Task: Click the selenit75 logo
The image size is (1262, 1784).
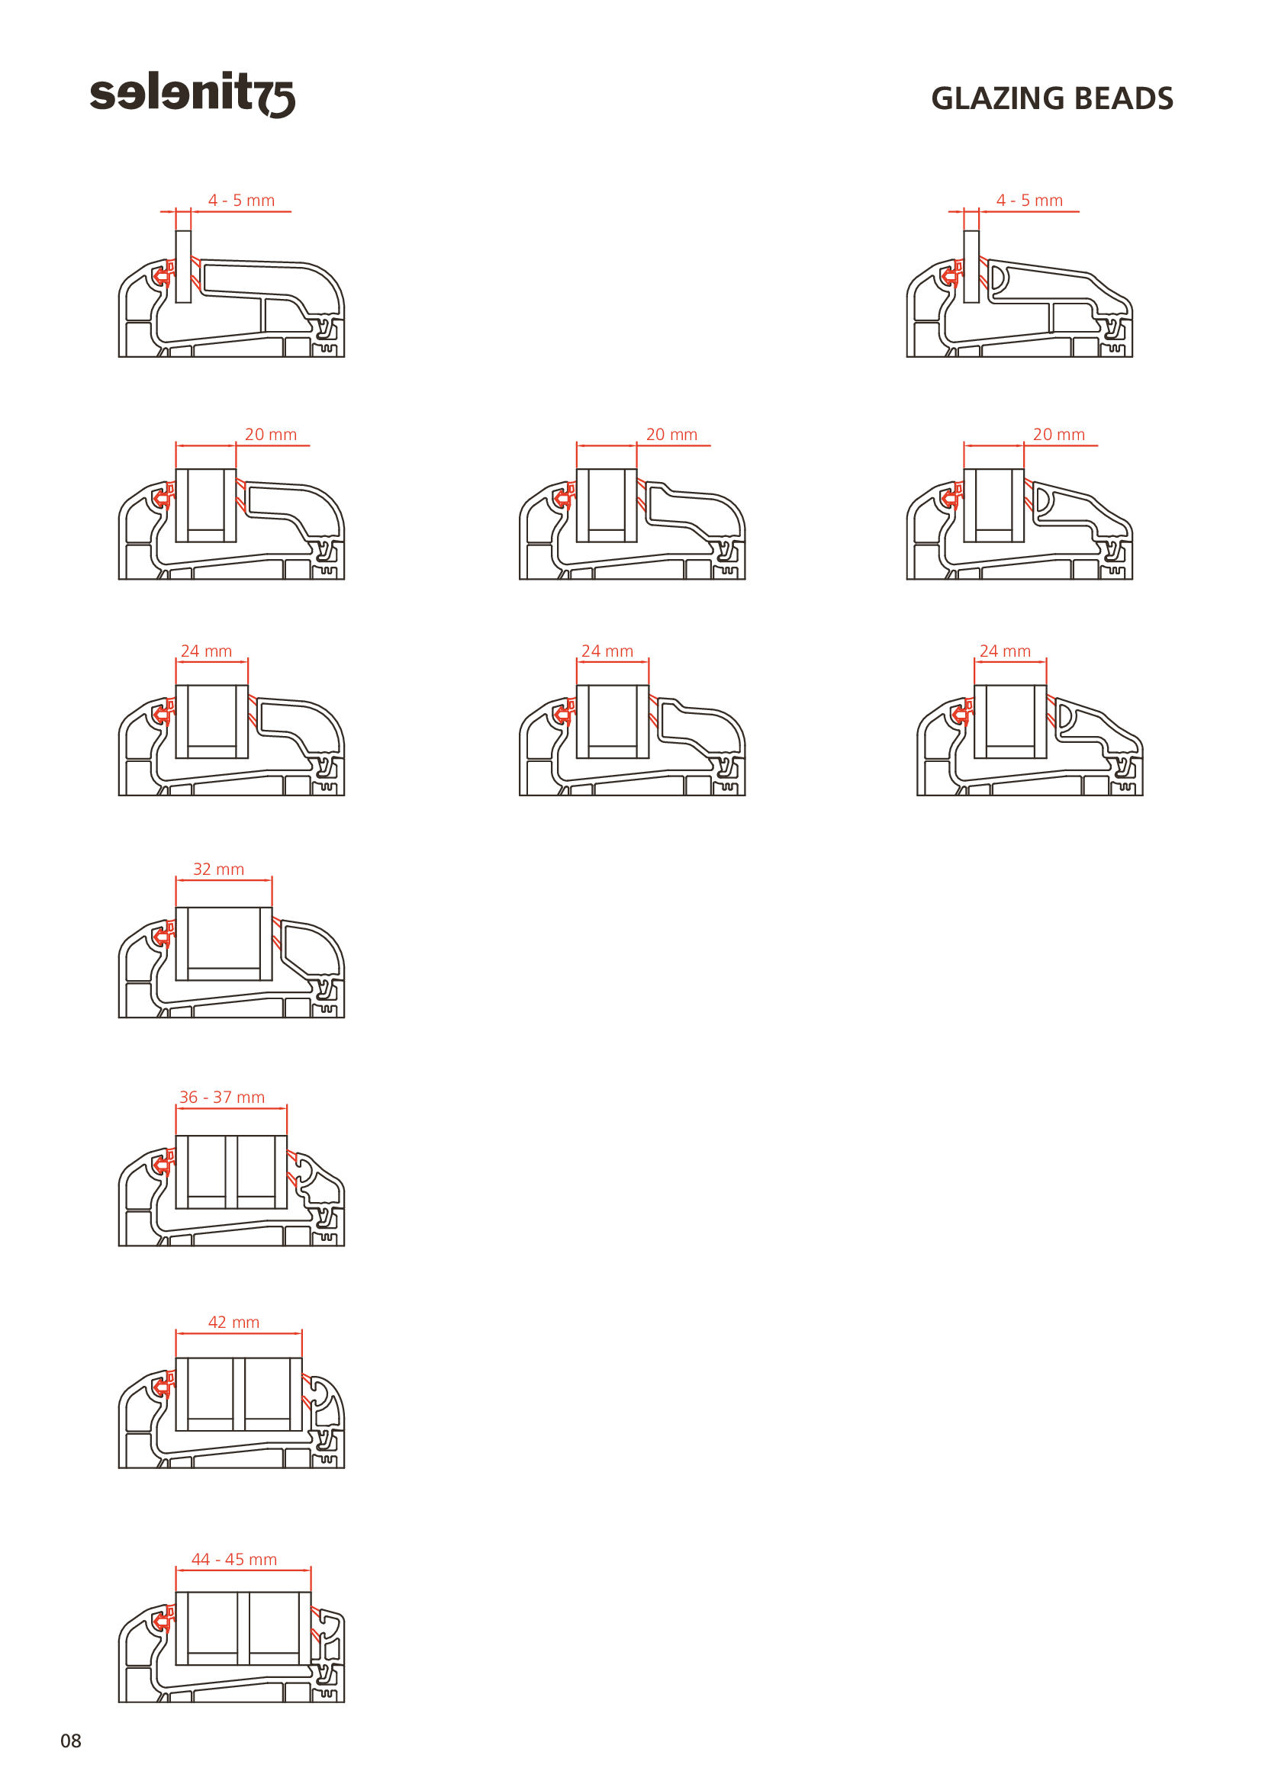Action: pos(192,94)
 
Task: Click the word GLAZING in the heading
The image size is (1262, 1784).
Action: pos(998,98)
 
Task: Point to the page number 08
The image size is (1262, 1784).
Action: pos(71,1741)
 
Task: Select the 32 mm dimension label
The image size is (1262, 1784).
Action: pos(218,869)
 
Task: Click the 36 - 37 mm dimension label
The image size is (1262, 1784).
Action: pos(222,1097)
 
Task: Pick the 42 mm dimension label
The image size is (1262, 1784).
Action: pos(234,1322)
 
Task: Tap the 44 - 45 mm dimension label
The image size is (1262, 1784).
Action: pos(234,1559)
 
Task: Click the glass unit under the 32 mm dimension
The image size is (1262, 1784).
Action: pos(224,943)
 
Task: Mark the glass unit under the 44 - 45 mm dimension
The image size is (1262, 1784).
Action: pos(243,1628)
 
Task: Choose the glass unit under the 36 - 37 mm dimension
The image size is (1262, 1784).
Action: pos(230,1172)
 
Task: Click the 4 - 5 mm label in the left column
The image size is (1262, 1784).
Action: pos(242,201)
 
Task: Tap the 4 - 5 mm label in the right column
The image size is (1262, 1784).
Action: pos(1029,201)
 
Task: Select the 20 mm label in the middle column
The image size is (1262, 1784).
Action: pos(672,434)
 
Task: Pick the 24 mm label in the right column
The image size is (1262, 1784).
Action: pos(1005,651)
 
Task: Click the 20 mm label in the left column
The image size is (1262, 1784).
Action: pos(271,434)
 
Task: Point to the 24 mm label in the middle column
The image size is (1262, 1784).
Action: pos(607,651)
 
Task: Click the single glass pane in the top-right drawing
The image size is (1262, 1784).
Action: pos(971,266)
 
